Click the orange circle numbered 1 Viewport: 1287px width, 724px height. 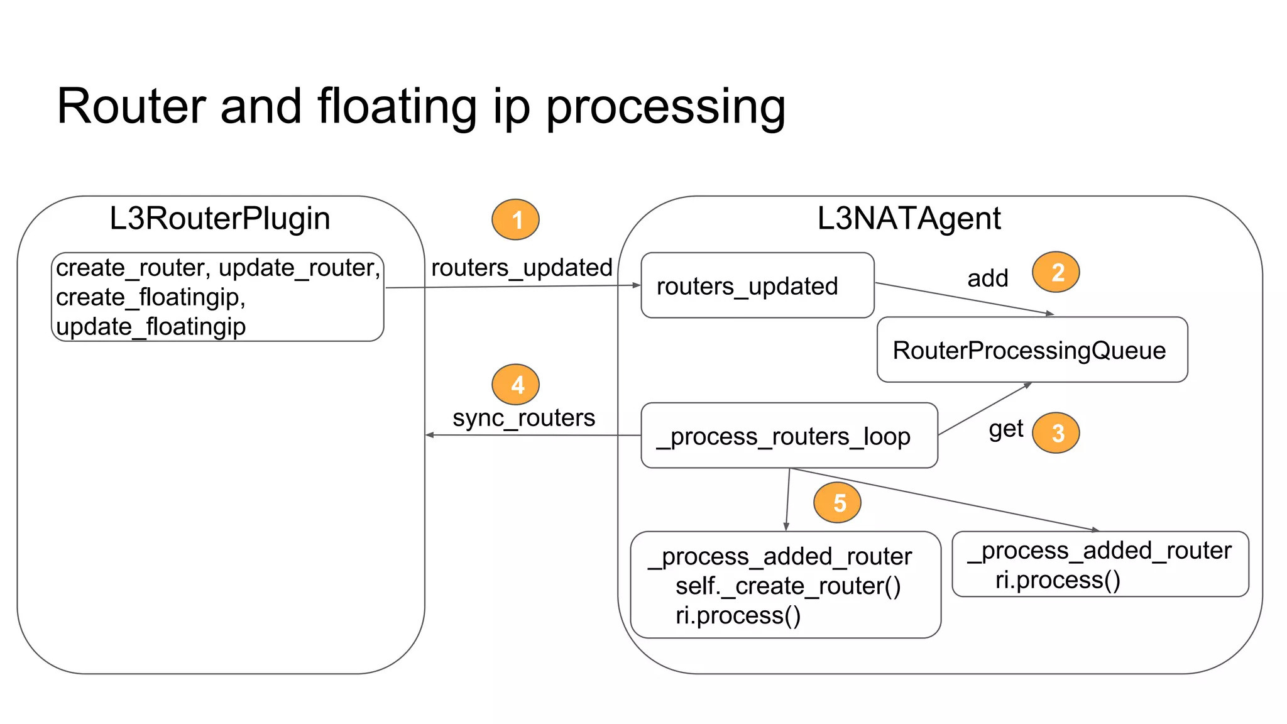[x=515, y=220]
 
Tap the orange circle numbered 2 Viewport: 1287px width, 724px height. [x=1056, y=272]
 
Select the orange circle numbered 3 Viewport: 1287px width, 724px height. [x=1056, y=433]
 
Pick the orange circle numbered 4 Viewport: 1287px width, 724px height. [x=515, y=385]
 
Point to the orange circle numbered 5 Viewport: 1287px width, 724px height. [x=837, y=503]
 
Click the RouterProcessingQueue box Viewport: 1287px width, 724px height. [x=1032, y=350]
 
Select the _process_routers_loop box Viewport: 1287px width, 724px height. [x=789, y=436]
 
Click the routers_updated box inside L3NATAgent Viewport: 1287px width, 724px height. [x=757, y=286]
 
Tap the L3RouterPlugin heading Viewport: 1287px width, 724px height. [x=219, y=219]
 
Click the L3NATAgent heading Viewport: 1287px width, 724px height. [x=909, y=219]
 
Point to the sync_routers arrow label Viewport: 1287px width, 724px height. [x=523, y=418]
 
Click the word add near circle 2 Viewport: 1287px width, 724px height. [x=987, y=278]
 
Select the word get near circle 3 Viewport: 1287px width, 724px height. [x=1005, y=429]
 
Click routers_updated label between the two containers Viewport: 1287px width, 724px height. [x=522, y=268]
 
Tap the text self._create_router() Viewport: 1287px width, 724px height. [x=788, y=586]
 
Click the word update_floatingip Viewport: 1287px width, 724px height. [x=151, y=327]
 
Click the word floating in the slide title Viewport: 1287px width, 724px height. [x=397, y=107]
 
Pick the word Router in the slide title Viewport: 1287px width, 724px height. [x=131, y=107]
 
